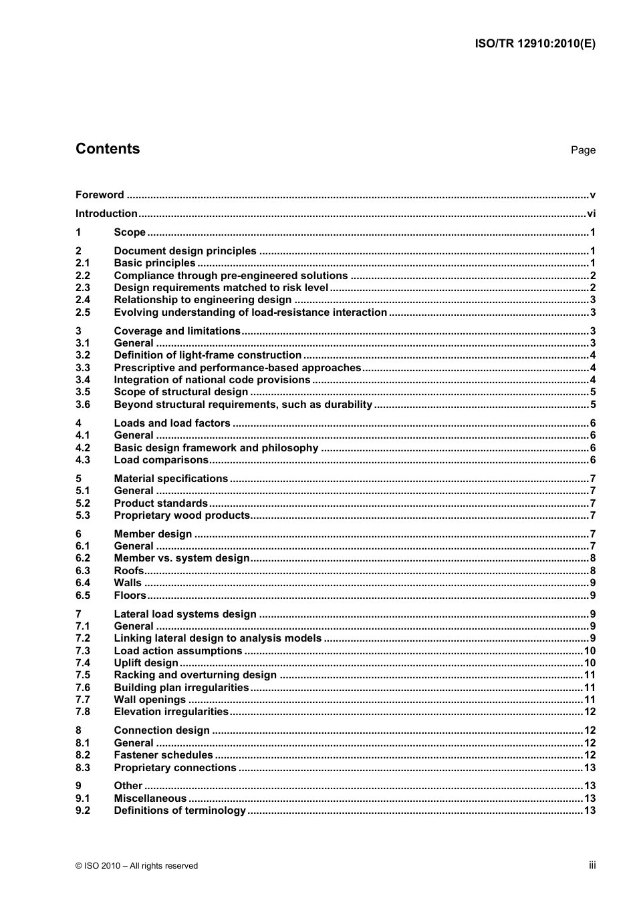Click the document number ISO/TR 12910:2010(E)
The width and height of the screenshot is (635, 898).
(535, 44)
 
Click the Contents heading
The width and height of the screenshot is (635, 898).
(108, 149)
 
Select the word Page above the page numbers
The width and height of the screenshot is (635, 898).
(583, 150)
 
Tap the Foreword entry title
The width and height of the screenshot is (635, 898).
(100, 195)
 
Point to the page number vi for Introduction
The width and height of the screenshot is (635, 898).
(591, 214)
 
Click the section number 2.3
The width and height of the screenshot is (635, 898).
(82, 288)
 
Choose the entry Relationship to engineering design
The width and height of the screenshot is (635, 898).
(203, 300)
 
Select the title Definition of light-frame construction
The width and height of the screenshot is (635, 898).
(207, 355)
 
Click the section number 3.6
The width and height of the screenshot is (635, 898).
(82, 405)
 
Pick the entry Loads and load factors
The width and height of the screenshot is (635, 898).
(172, 423)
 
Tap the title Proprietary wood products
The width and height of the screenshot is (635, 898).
(182, 515)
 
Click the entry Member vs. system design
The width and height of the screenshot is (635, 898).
(182, 558)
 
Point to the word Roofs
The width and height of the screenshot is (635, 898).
(128, 571)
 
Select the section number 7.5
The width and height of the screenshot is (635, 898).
(82, 675)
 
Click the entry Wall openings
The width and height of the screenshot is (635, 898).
(150, 700)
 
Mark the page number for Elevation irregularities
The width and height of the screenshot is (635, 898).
(590, 712)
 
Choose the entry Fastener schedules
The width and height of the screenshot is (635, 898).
(163, 755)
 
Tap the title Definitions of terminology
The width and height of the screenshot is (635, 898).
(180, 811)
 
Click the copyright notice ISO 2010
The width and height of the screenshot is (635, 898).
(136, 866)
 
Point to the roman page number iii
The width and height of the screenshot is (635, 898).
(592, 865)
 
